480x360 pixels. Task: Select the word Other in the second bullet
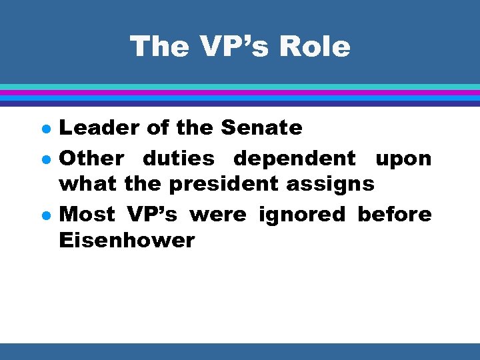91,159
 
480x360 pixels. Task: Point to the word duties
179,159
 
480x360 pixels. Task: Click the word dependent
295,159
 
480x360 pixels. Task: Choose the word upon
403,159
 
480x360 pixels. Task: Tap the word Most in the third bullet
87,215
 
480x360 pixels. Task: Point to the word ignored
303,215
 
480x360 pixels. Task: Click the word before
395,215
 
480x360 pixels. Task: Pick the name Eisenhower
127,239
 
